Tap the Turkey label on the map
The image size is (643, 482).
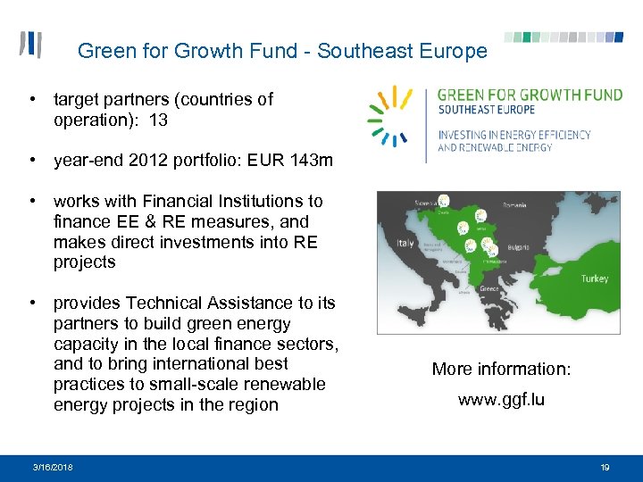(x=594, y=278)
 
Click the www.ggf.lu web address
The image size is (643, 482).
(x=501, y=400)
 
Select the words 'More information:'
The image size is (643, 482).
(x=501, y=369)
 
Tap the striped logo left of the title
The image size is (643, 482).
(x=31, y=46)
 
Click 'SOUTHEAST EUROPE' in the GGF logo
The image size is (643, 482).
(x=487, y=110)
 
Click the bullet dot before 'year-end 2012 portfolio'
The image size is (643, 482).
(x=31, y=161)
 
